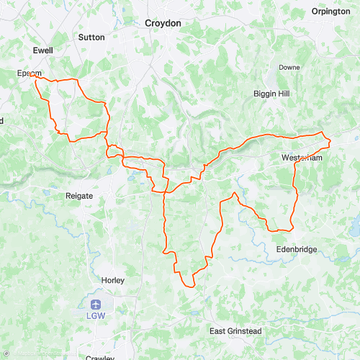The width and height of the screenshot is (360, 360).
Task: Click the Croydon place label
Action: (163, 23)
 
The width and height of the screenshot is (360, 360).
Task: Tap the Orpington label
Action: (330, 12)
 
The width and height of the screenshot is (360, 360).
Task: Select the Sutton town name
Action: (91, 37)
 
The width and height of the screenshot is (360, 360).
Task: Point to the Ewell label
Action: (43, 50)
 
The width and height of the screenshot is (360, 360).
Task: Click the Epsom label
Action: (30, 73)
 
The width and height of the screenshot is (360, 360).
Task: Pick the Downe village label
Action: (289, 67)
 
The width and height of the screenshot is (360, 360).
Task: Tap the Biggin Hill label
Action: (271, 94)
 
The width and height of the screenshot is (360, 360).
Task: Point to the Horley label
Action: (112, 280)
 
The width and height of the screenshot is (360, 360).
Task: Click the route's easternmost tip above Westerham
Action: (330, 139)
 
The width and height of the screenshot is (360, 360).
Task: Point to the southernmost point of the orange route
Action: (193, 286)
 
